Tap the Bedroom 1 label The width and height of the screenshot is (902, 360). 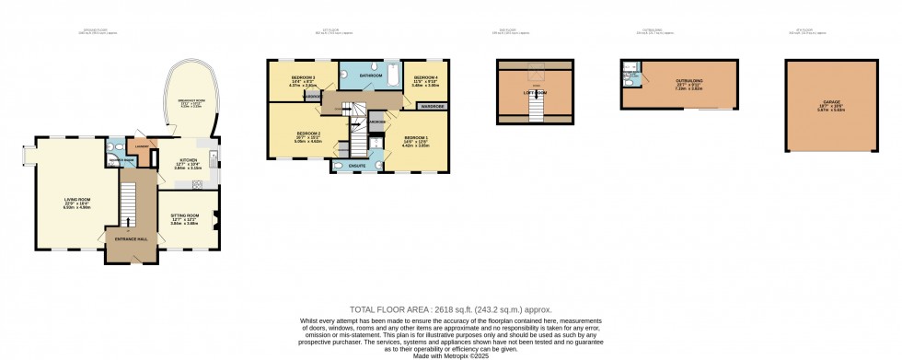pos(417,141)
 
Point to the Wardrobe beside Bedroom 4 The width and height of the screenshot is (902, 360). pos(433,107)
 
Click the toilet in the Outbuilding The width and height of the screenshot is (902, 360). pos(627,83)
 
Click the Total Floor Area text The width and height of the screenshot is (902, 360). pos(449,309)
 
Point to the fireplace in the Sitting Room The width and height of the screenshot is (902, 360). pos(215,217)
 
